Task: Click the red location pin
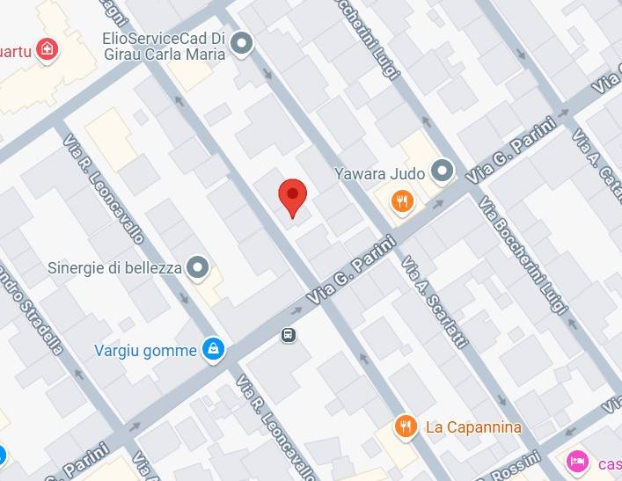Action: (292, 195)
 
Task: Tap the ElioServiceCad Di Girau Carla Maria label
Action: (164, 46)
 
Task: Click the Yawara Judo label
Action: (379, 173)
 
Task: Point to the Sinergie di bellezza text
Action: (114, 268)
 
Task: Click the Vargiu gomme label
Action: (145, 351)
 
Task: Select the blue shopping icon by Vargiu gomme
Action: (212, 350)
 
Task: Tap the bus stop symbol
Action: (288, 335)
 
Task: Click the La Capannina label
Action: (473, 427)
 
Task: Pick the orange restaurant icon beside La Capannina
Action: (406, 426)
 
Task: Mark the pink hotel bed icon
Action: (577, 460)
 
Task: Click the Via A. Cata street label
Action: (598, 167)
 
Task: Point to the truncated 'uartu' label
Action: (16, 51)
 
